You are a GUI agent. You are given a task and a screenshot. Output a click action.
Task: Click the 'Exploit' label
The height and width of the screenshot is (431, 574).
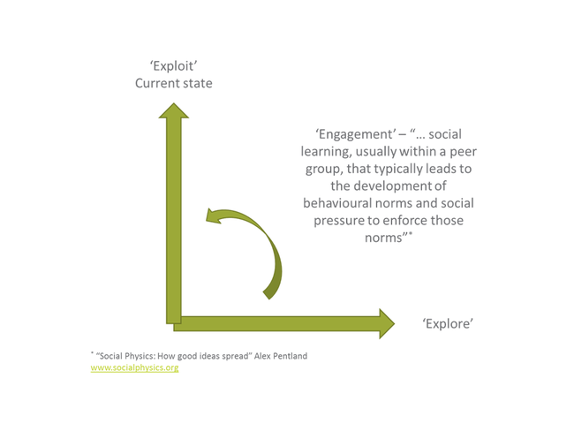click(x=173, y=66)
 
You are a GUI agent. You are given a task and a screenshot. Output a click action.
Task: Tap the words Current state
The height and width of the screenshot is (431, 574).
click(x=173, y=83)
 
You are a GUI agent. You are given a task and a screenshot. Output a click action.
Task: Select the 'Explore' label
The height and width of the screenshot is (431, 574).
click(x=448, y=324)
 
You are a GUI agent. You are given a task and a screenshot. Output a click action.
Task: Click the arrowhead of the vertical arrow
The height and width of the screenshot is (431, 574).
click(x=173, y=110)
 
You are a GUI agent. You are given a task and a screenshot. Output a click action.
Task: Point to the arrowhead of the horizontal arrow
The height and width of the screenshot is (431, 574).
click(x=387, y=324)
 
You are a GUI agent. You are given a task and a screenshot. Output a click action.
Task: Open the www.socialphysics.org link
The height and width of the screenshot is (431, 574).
click(x=135, y=367)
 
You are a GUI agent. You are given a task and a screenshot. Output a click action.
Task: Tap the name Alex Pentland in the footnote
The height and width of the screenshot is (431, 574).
click(x=281, y=356)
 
